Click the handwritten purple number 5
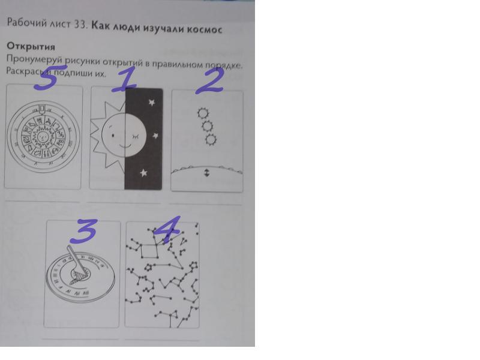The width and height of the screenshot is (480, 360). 49,78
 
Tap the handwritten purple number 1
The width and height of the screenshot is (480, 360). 125,79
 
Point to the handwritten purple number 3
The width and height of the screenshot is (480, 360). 83,231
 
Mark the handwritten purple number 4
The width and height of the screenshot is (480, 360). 167,230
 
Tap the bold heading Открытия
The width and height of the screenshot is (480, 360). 31,47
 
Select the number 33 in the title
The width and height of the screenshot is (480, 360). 81,25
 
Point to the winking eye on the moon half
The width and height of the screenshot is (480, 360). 135,137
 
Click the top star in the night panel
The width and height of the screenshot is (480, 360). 152,102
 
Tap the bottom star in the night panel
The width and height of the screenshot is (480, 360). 143,173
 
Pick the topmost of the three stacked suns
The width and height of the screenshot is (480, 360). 203,113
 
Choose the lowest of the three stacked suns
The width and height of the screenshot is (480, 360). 211,140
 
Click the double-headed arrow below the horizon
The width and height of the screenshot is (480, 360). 207,173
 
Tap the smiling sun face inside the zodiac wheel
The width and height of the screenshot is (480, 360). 43,137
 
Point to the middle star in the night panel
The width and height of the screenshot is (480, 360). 155,136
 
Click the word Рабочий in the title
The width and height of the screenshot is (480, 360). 26,23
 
